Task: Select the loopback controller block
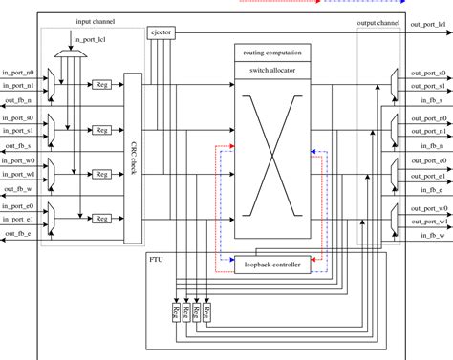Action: click(272, 265)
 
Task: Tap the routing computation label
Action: click(272, 53)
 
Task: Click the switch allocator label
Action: click(272, 71)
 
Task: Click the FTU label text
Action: click(156, 259)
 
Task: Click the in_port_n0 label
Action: click(18, 72)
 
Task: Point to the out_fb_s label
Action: click(18, 145)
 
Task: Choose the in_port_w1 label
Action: click(18, 175)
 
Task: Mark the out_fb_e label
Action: click(18, 233)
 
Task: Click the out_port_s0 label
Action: click(430, 72)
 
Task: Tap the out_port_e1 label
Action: click(430, 175)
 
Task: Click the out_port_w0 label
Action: click(430, 204)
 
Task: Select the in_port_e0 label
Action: click(18, 204)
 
